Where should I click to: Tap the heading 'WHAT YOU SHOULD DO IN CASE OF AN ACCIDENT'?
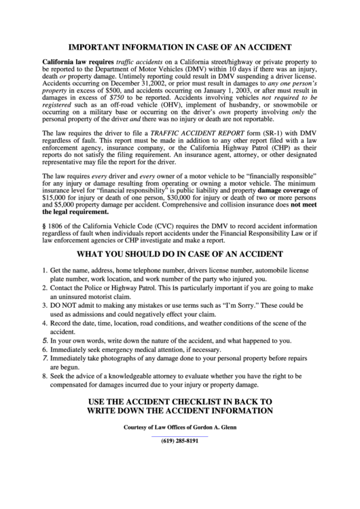coord(180,255)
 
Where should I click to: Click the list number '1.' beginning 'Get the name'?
coord(45,271)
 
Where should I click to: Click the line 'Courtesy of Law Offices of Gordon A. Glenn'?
coord(180,426)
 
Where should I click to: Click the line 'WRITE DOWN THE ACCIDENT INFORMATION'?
coord(180,410)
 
